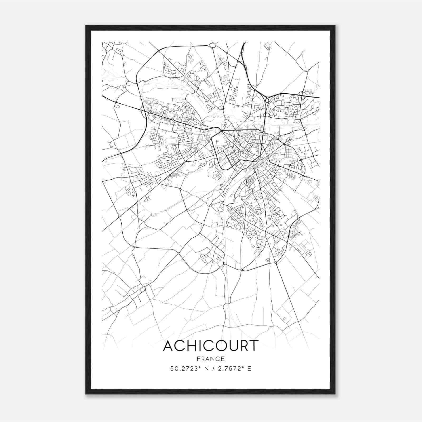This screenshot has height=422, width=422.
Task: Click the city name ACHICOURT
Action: tap(210, 346)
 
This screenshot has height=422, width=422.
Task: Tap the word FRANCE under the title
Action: tap(210, 359)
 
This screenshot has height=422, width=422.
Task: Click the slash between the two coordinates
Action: tap(210, 369)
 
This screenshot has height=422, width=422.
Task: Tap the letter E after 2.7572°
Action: tap(249, 369)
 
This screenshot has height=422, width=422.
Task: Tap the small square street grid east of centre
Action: tap(290, 152)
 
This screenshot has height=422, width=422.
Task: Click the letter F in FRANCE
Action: tap(198, 359)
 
